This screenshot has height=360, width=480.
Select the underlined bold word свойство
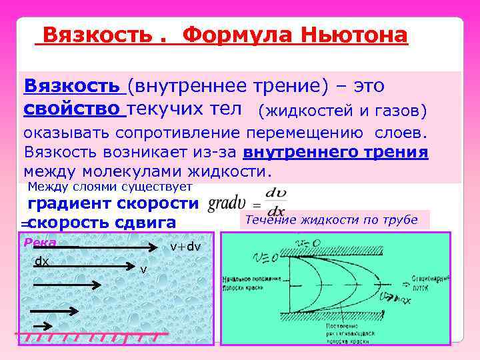[x=73, y=109]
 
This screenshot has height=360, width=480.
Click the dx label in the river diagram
[x=42, y=261]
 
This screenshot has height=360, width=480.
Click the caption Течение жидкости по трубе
[x=331, y=220]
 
